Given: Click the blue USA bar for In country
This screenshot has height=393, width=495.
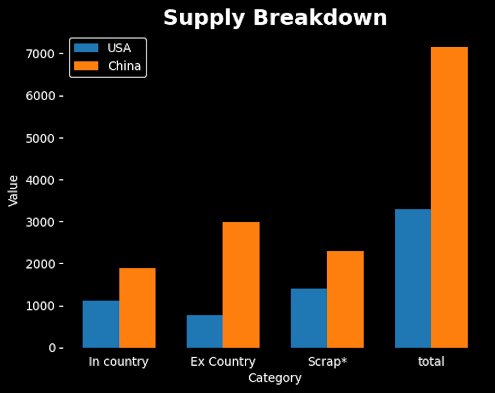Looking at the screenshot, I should tap(101, 324).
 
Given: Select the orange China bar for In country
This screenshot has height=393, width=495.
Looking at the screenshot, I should tap(137, 308).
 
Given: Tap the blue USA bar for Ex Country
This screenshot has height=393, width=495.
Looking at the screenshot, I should tap(205, 331).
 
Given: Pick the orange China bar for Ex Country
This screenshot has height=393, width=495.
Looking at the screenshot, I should tap(241, 285).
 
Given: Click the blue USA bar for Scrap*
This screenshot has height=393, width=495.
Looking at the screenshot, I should tap(309, 318).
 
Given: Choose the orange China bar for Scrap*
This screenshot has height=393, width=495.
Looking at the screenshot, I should tap(345, 299).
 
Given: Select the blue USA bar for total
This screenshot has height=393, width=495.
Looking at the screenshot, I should tap(413, 279).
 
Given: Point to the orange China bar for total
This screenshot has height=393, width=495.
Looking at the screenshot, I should tap(449, 198).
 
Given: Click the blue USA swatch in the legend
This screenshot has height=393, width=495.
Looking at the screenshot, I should tap(86, 48).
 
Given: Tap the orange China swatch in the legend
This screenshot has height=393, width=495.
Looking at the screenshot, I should tap(86, 66).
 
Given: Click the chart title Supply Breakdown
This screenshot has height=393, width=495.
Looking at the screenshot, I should tap(275, 18).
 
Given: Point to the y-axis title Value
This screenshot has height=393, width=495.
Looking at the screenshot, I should tap(14, 190).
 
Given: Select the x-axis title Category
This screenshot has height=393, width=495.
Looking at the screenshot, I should tap(274, 378).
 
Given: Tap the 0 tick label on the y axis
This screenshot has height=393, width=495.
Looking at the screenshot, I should tap(52, 348).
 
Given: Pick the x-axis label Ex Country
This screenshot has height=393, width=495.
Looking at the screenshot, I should tap(223, 362).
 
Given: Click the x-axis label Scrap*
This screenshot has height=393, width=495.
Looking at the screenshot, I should tap(327, 362).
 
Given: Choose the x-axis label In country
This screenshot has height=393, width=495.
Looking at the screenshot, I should tap(119, 362).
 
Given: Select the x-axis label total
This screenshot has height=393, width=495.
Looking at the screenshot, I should tap(431, 362).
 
